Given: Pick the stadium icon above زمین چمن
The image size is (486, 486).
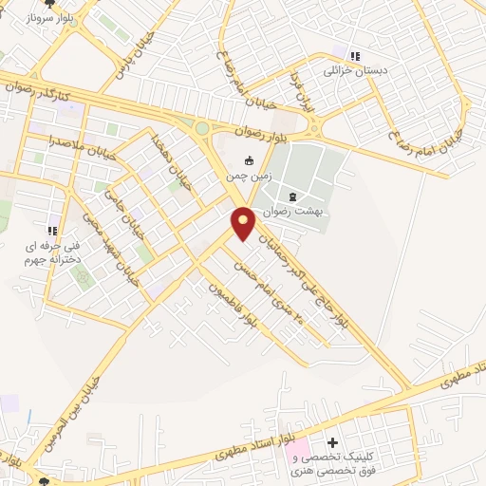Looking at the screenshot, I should point(249,160).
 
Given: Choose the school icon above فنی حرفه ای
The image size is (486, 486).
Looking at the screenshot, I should point(53,231).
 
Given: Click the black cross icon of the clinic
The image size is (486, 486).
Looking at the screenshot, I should point(332,443).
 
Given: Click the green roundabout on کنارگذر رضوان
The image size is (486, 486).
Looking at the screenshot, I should point(201,127).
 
